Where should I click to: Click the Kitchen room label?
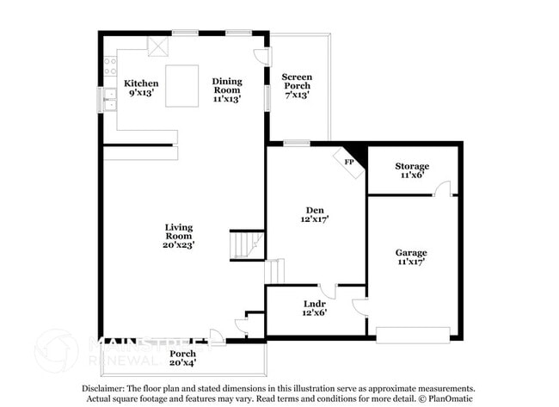tap(141, 88)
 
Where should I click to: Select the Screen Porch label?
tap(297, 86)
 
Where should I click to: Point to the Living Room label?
tap(180, 236)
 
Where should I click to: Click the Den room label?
tap(315, 214)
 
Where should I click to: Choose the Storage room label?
tap(412, 170)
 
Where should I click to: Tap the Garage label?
tap(411, 257)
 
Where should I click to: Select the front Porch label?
tap(182, 358)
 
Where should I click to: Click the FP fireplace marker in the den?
tap(349, 161)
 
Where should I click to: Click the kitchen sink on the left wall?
tap(111, 100)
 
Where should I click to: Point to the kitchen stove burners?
tap(110, 62)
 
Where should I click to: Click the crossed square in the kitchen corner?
tap(157, 46)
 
